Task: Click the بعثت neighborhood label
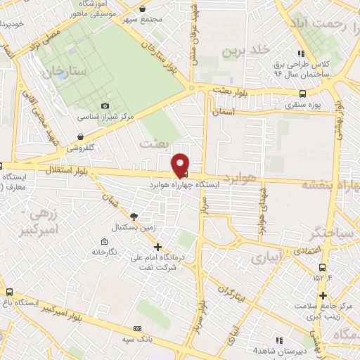155,143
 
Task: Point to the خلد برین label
246,50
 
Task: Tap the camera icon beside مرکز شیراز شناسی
105,105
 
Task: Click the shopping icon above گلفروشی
82,137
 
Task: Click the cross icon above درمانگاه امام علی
158,247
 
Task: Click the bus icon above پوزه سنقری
302,94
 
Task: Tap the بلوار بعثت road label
232,91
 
